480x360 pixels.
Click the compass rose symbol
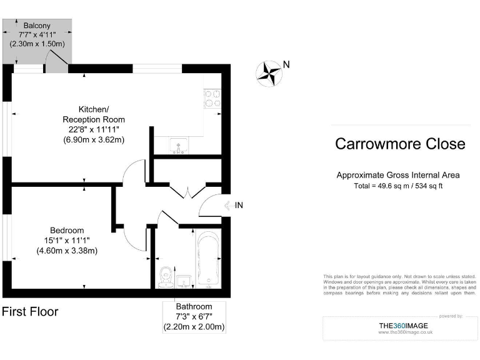click(x=269, y=72)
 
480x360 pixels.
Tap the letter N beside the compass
click(x=286, y=64)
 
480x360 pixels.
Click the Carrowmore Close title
click(x=400, y=144)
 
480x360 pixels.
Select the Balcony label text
click(x=37, y=26)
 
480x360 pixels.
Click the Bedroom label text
click(x=67, y=230)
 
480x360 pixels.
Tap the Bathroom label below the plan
click(x=194, y=306)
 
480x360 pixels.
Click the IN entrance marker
click(x=239, y=205)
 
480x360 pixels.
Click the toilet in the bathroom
click(x=166, y=276)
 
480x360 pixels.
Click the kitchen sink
click(x=178, y=146)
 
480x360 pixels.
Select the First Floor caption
click(x=30, y=311)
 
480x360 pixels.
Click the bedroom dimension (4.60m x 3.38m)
click(x=67, y=251)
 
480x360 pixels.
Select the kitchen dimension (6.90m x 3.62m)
click(x=94, y=139)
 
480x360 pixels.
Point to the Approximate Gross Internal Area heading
click(x=398, y=175)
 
